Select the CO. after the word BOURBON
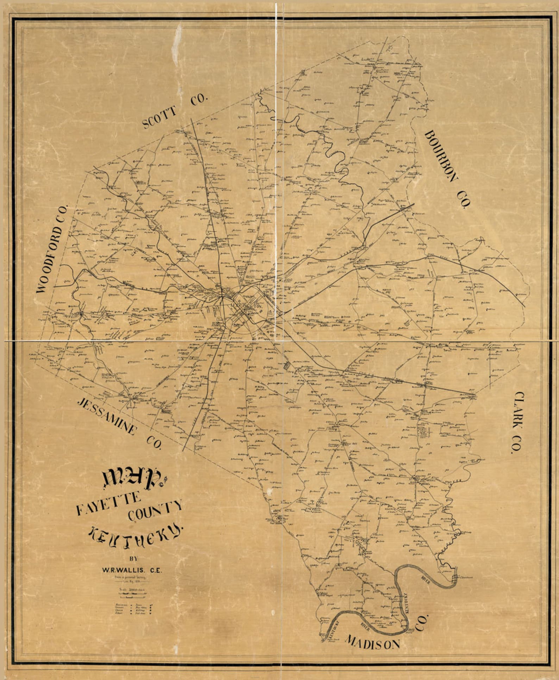click(464, 200)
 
